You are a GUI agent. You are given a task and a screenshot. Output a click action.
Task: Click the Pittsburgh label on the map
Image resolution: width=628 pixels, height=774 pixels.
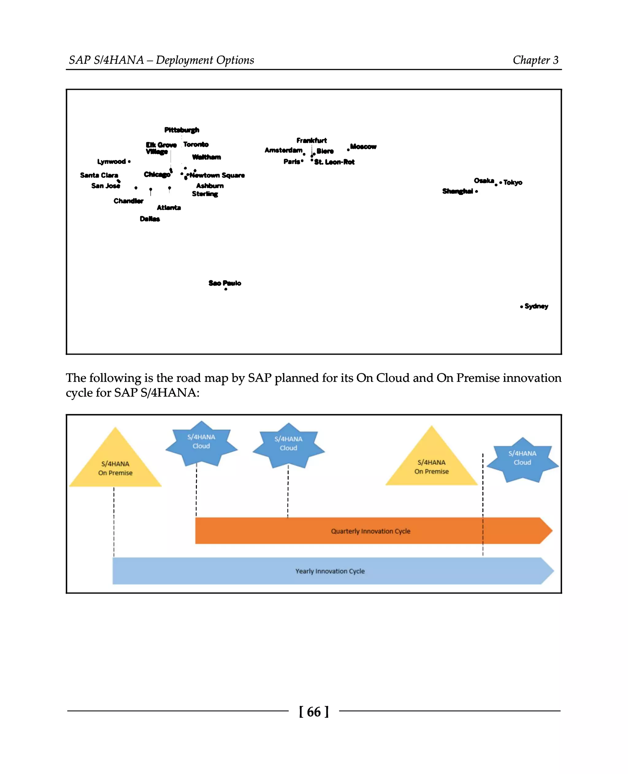[x=182, y=130]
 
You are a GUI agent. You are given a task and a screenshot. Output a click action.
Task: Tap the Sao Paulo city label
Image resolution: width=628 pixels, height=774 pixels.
[x=225, y=283]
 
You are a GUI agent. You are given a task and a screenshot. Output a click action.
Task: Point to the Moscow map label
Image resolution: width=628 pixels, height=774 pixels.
[x=363, y=147]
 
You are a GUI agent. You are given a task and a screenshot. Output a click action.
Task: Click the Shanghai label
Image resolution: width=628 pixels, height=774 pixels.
[x=458, y=191]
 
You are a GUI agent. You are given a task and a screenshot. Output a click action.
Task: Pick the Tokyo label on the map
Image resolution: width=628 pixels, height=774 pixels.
[x=513, y=182]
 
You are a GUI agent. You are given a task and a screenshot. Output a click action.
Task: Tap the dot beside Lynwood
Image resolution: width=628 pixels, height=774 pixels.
[x=129, y=162]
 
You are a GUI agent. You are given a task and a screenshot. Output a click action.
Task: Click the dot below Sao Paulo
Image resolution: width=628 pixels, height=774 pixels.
[x=226, y=289]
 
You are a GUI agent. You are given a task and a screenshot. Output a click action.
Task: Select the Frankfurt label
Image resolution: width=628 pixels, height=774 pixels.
[x=312, y=140]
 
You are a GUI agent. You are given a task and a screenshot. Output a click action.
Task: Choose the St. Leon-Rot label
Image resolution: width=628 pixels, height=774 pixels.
[x=334, y=162]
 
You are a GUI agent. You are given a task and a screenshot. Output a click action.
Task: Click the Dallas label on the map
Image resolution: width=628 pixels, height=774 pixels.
[x=150, y=219]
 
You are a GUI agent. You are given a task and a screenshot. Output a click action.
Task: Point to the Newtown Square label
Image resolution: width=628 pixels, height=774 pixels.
[x=217, y=175]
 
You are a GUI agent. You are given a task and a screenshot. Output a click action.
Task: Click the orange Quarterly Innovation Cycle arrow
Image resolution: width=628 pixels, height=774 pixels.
[x=370, y=531]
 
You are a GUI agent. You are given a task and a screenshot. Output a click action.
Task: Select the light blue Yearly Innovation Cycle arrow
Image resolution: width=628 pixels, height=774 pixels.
[x=330, y=571]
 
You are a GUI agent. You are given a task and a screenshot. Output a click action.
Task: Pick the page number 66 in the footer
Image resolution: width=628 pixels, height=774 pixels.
[x=314, y=712]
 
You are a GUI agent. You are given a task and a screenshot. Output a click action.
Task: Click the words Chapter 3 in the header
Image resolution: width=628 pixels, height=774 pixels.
[x=535, y=60]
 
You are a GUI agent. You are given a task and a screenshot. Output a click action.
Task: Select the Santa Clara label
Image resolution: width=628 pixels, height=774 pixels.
[x=99, y=175]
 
